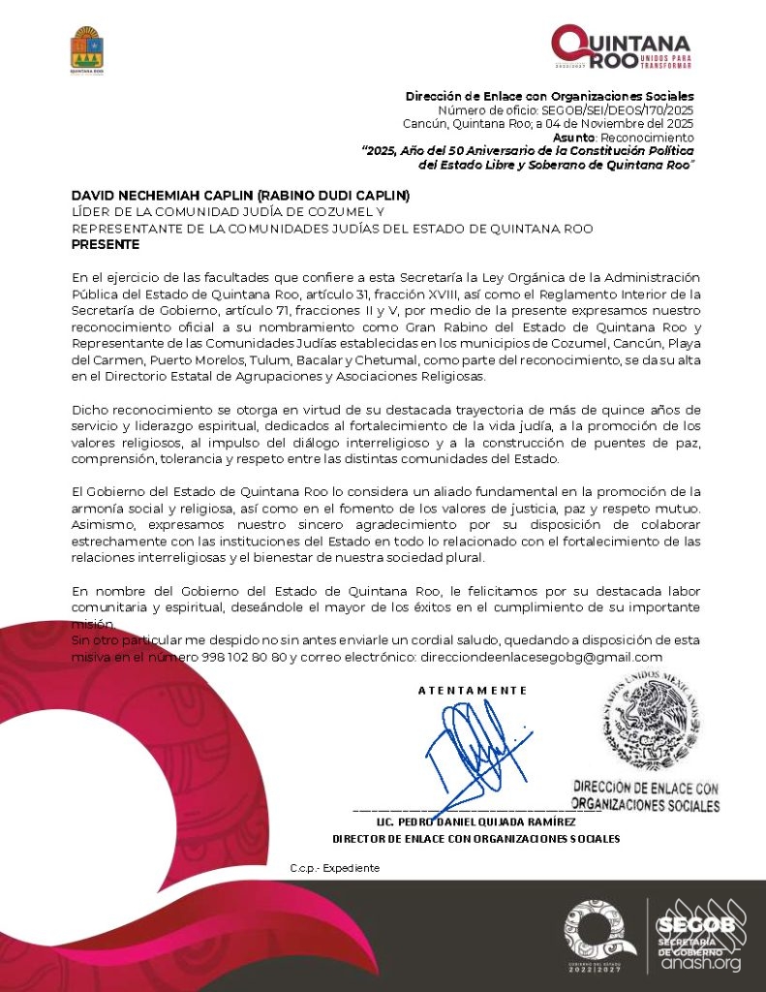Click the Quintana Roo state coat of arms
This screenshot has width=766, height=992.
(87, 49)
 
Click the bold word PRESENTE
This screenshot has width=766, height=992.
(106, 244)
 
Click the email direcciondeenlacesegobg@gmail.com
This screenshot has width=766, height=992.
(540, 657)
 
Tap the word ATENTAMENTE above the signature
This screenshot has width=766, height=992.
(473, 691)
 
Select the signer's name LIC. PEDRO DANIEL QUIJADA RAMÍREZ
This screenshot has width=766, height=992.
(475, 821)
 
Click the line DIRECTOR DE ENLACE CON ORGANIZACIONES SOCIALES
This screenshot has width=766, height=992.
(475, 839)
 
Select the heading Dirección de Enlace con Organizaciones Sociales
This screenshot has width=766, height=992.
(549, 96)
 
